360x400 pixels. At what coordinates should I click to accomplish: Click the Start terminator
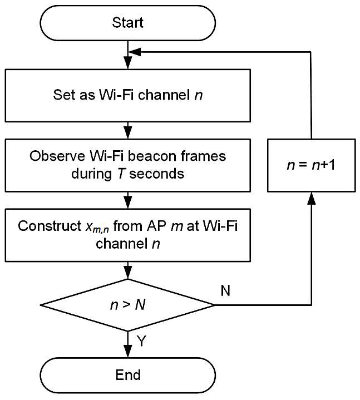127,23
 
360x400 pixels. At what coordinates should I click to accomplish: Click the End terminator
127,375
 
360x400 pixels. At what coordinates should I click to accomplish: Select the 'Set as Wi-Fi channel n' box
127,95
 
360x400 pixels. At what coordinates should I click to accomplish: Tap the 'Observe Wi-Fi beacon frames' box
127,165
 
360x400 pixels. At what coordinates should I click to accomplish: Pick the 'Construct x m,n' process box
127,235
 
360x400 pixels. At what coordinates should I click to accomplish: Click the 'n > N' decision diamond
127,305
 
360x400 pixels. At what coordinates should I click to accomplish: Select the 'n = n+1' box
311,165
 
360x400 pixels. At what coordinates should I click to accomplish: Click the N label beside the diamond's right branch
225,290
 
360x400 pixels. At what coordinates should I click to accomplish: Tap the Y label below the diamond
141,341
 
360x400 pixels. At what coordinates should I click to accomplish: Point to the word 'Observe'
57,156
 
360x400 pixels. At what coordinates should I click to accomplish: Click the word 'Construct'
50,226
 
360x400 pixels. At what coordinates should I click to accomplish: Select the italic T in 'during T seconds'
121,174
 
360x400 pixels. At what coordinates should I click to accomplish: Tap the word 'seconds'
157,174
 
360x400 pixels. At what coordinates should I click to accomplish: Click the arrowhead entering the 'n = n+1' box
311,198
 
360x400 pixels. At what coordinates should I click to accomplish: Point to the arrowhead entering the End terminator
127,352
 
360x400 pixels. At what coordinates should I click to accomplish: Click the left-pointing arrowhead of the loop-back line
135,52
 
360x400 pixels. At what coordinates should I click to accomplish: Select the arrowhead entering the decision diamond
127,273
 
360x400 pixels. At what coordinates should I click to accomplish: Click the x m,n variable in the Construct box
97,228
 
